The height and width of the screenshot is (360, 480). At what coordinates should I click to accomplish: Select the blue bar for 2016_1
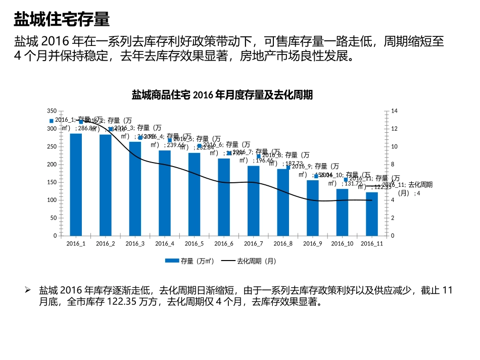(x=76, y=185)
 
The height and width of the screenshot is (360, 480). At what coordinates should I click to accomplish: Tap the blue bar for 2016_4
(x=165, y=193)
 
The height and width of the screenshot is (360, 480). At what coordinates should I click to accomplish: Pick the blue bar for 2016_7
(x=254, y=201)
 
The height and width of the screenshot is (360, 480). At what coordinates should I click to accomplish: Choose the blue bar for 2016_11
(x=372, y=214)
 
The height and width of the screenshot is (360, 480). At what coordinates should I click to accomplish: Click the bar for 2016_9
(x=313, y=208)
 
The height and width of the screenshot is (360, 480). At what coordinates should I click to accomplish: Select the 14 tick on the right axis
(x=395, y=111)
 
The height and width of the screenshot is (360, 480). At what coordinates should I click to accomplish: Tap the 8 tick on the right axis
(x=393, y=165)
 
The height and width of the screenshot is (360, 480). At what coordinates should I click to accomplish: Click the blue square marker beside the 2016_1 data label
(x=51, y=121)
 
